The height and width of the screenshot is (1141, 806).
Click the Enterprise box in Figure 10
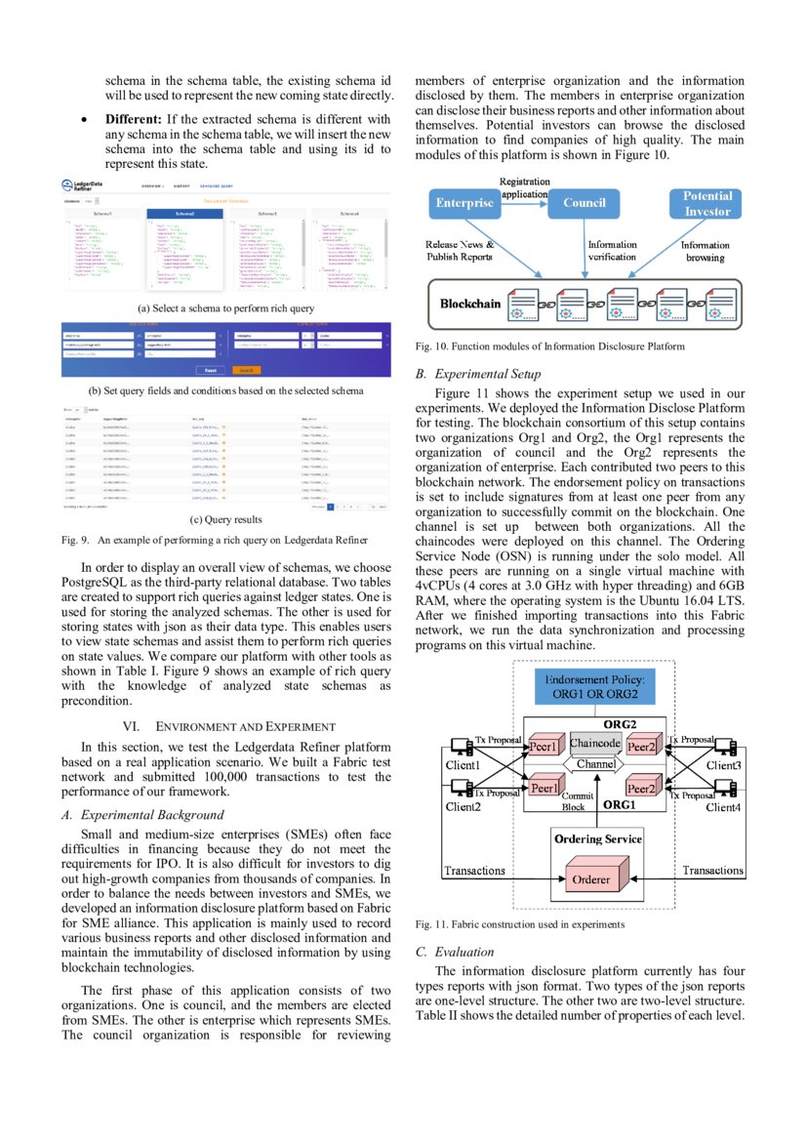point(463,203)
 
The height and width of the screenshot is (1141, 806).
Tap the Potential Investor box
point(706,203)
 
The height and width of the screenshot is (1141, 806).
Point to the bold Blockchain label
point(470,304)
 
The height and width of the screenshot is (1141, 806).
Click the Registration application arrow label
point(524,187)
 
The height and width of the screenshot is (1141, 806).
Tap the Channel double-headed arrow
point(595,764)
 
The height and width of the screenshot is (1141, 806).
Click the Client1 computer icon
point(456,748)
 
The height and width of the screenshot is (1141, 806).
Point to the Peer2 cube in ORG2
point(642,747)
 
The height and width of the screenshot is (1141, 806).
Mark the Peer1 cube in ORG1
point(543,787)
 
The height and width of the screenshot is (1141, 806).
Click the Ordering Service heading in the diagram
point(597,839)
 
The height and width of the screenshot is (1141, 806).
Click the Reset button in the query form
point(210,371)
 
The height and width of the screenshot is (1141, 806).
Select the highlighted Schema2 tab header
point(185,213)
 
